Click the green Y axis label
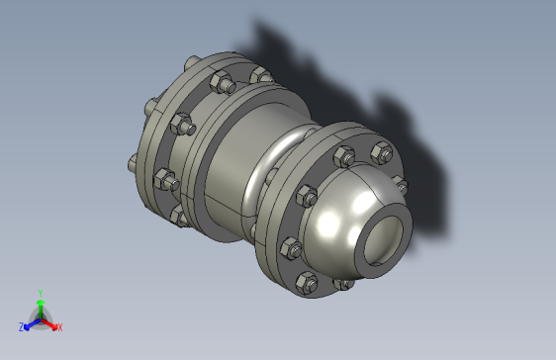pos(40,293)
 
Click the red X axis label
pos(59,326)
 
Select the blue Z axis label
pos(22,327)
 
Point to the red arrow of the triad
pos(50,321)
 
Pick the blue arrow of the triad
pos(31,322)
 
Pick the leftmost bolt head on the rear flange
pos(131,163)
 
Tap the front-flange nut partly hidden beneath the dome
pos(343,284)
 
